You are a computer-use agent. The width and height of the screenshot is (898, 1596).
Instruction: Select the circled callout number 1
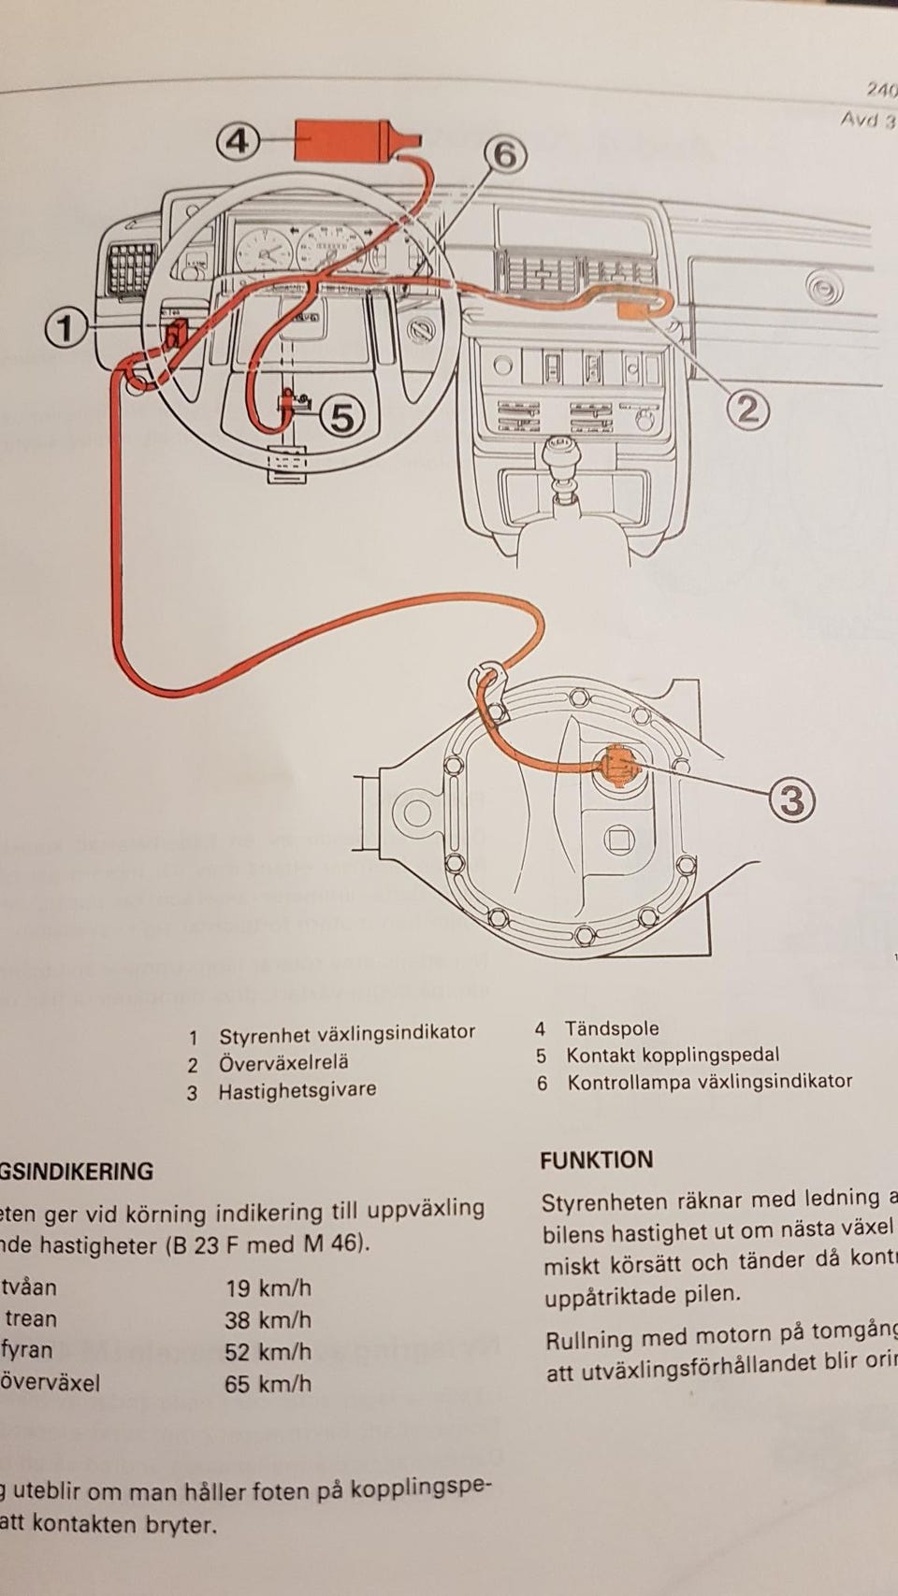(x=66, y=328)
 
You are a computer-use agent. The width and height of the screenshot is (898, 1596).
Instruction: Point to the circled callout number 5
(x=343, y=417)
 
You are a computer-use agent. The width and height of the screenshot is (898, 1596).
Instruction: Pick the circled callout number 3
(x=791, y=799)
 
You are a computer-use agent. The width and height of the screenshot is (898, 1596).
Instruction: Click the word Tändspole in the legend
(x=611, y=1028)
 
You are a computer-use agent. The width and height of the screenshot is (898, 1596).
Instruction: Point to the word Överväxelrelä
(x=283, y=1063)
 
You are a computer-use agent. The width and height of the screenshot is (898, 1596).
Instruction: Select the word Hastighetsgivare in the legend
(x=297, y=1090)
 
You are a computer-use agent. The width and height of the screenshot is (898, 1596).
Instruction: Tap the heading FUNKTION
(x=597, y=1160)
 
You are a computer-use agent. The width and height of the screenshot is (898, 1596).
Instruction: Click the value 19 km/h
(x=268, y=1288)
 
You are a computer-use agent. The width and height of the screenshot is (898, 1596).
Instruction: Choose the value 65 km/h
(x=268, y=1384)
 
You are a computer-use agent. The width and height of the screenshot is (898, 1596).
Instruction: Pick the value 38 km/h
(x=268, y=1320)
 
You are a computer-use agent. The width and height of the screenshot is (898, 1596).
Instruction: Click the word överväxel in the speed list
(x=52, y=1383)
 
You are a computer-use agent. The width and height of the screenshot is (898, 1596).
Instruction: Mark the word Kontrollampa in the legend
(x=622, y=1082)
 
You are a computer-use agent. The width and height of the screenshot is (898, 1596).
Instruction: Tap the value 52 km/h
(x=268, y=1352)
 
